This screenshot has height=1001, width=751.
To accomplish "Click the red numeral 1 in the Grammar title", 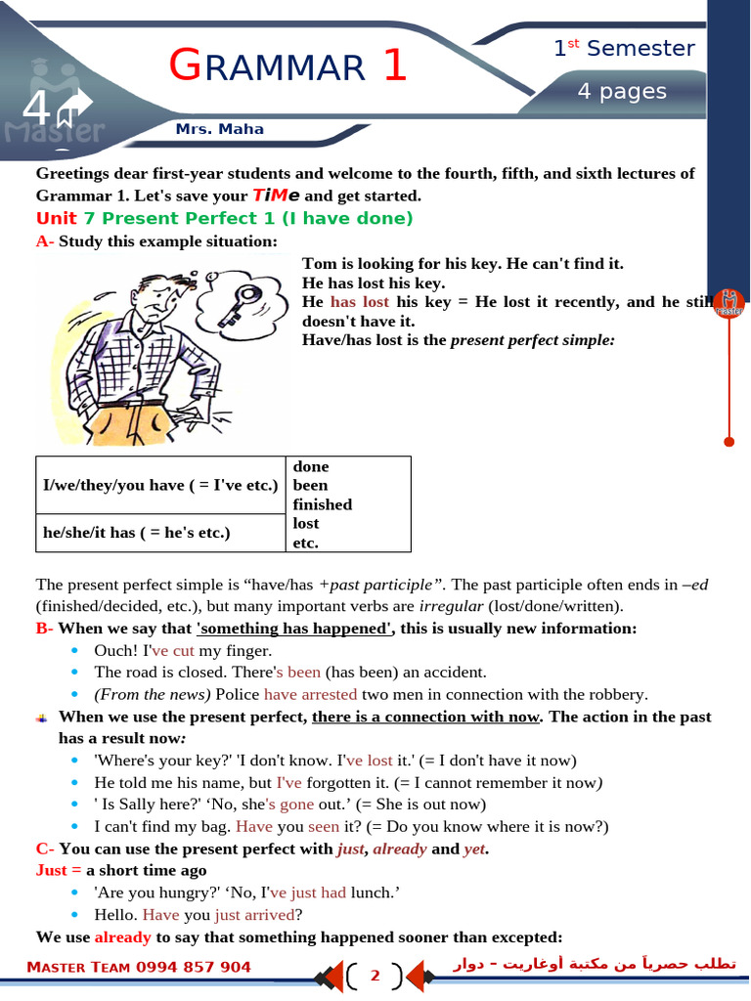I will (x=394, y=65).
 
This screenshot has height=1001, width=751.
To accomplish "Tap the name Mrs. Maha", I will (x=219, y=129).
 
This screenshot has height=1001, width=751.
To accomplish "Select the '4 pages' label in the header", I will (x=621, y=92).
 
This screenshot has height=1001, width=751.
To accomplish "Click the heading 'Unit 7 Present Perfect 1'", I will (x=224, y=218).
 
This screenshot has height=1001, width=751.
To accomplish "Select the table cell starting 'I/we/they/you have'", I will (x=160, y=485).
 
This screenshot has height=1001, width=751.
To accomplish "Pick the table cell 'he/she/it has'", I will (x=137, y=533).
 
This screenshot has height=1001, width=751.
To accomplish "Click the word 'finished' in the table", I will (x=322, y=504).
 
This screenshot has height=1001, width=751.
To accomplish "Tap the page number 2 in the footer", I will (x=375, y=976).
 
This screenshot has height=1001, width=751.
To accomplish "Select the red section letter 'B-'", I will (x=45, y=629).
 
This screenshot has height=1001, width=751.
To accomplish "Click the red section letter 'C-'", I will (x=45, y=849).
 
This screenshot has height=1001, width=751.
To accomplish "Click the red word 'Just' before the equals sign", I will (x=51, y=870).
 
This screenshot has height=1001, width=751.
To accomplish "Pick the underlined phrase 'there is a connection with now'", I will (x=425, y=717).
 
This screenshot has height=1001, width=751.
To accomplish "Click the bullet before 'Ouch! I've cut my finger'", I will (x=77, y=650).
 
